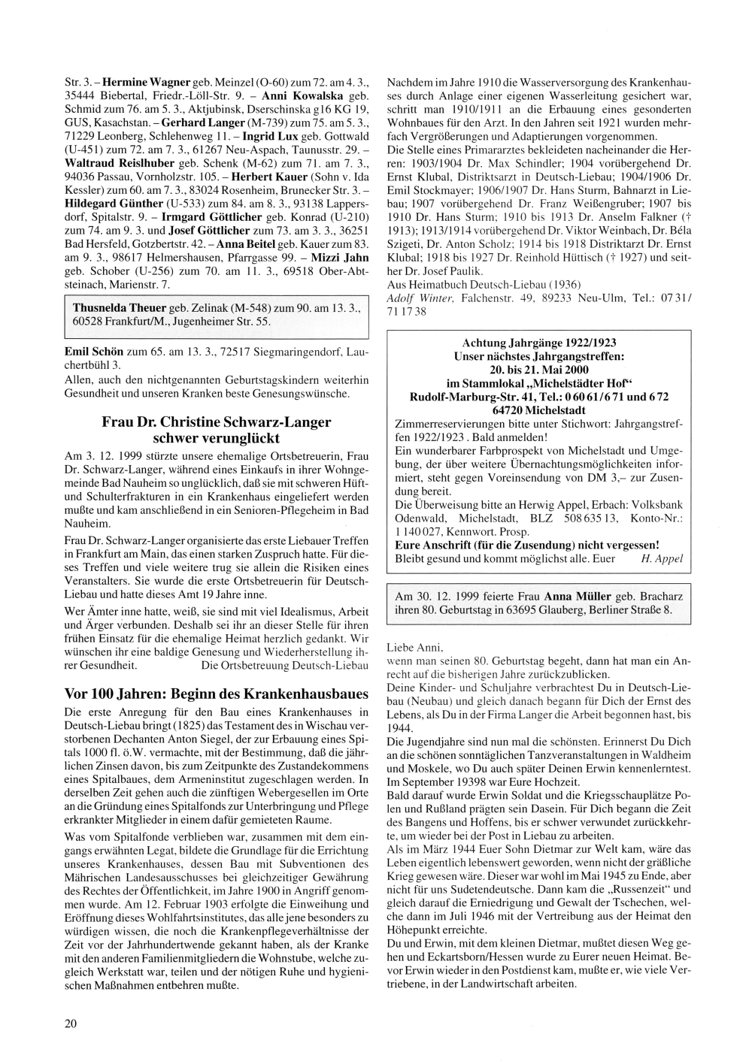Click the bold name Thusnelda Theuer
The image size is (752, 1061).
pyautogui.click(x=119, y=308)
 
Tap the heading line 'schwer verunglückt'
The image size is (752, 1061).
pyautogui.click(x=216, y=437)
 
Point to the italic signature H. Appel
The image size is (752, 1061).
pyautogui.click(x=661, y=558)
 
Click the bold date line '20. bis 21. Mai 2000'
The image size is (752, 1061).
pyautogui.click(x=539, y=369)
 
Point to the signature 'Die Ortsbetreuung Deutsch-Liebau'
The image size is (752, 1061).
pyautogui.click(x=285, y=665)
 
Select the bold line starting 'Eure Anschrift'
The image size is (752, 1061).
pyautogui.click(x=527, y=544)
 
